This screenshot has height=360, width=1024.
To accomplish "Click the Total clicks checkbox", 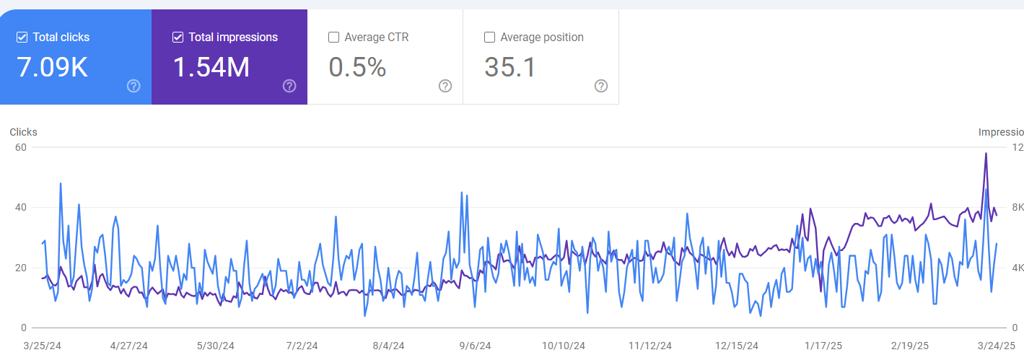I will tap(22, 38).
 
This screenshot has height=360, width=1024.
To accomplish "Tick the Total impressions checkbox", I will tap(178, 38).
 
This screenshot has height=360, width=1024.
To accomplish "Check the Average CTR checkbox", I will tap(333, 38).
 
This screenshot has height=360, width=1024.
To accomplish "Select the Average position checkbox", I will tap(489, 38).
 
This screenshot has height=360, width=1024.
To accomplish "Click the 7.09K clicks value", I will tap(52, 67).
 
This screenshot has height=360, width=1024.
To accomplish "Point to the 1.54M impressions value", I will tap(211, 67).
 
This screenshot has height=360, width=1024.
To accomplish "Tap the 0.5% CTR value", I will tap(357, 67).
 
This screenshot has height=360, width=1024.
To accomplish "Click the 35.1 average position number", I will tap(510, 67).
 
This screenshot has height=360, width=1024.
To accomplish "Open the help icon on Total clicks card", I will tap(134, 86).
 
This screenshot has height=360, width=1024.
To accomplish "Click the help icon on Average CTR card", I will tap(445, 86).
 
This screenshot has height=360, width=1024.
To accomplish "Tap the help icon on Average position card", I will tap(601, 86).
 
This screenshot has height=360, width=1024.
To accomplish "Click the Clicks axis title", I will tap(23, 132).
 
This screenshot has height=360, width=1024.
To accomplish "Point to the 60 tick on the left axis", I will tap(20, 147).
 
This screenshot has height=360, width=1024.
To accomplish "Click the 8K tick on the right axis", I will tap(1018, 208).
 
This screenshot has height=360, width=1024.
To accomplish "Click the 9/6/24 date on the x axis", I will tap(475, 346).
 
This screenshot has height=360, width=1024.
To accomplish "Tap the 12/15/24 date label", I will tap(736, 346).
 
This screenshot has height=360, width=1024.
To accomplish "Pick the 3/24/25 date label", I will tap(997, 346).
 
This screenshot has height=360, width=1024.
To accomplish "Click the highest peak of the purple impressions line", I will tap(986, 153).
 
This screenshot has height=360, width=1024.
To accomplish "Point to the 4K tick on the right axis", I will tap(1018, 268).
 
